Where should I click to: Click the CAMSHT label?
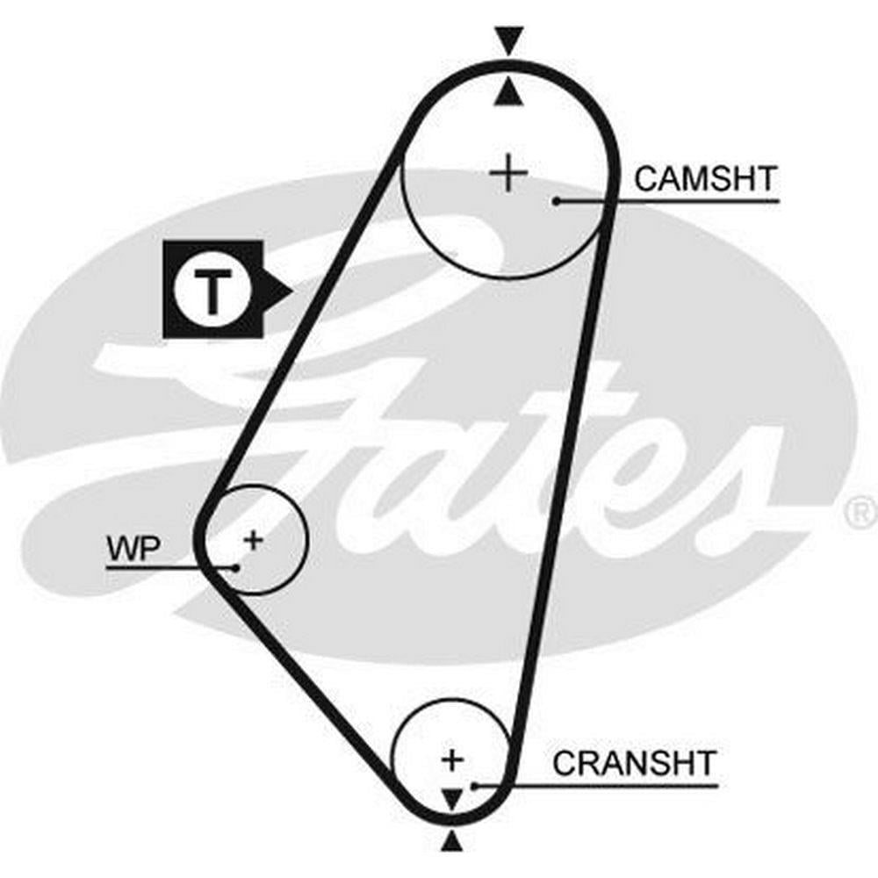pyautogui.click(x=705, y=179)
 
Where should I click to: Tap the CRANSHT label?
pyautogui.click(x=634, y=763)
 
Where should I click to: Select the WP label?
pyautogui.click(x=133, y=549)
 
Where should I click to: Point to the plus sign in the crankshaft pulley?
pyautogui.click(x=452, y=759)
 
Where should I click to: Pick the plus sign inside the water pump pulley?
pyautogui.click(x=253, y=539)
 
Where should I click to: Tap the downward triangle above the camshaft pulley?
pyautogui.click(x=508, y=40)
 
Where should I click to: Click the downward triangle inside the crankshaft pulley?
pyautogui.click(x=451, y=798)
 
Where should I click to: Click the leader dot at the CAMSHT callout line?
pyautogui.click(x=557, y=201)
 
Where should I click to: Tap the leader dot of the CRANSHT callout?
pyautogui.click(x=474, y=785)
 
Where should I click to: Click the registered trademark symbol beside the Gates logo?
pyautogui.click(x=862, y=512)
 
